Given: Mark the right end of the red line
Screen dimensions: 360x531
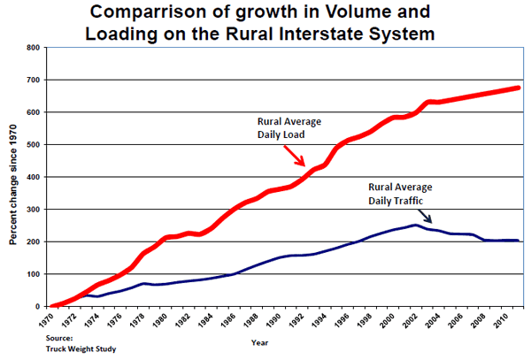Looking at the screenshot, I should point(519,88).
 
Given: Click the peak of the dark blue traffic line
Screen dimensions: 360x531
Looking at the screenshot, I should point(415,225).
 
